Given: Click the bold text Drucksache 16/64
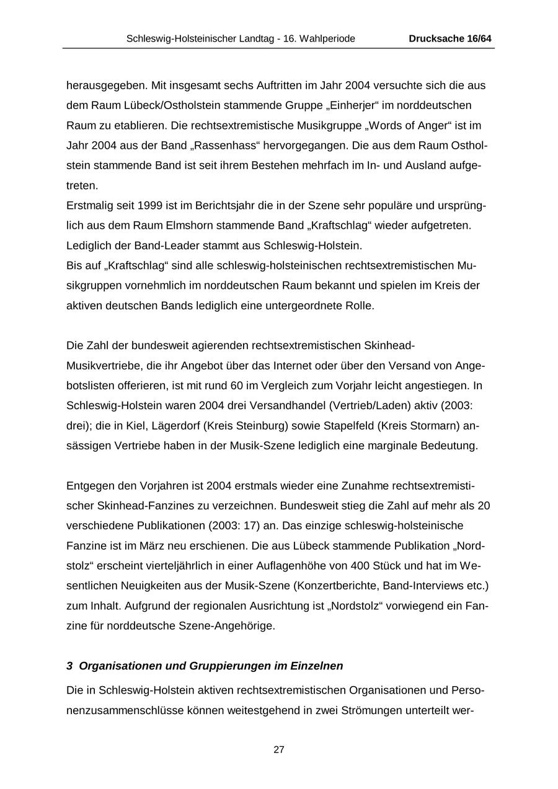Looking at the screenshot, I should point(450,38).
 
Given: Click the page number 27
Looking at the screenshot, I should point(279,749).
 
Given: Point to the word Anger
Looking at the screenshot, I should point(432,126).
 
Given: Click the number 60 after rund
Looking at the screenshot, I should point(237,386).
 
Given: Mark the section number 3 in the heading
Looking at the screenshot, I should point(69,666).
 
